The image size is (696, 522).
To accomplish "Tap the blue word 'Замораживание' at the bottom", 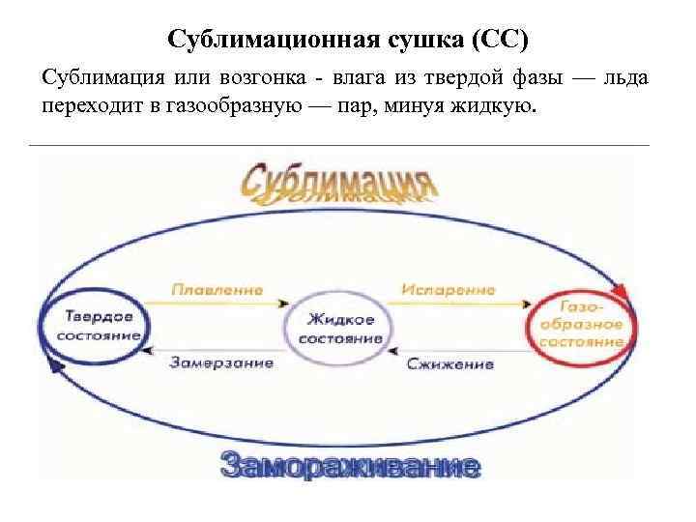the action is tap(349, 467).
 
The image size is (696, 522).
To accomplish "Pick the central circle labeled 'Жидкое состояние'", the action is tap(339, 328).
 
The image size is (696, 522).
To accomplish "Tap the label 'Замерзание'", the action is tap(221, 363).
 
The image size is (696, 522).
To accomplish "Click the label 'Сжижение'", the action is tap(449, 364).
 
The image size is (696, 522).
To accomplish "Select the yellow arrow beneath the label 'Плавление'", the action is tap(217, 302).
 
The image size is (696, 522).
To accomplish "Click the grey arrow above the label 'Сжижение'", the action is tap(449, 349).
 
